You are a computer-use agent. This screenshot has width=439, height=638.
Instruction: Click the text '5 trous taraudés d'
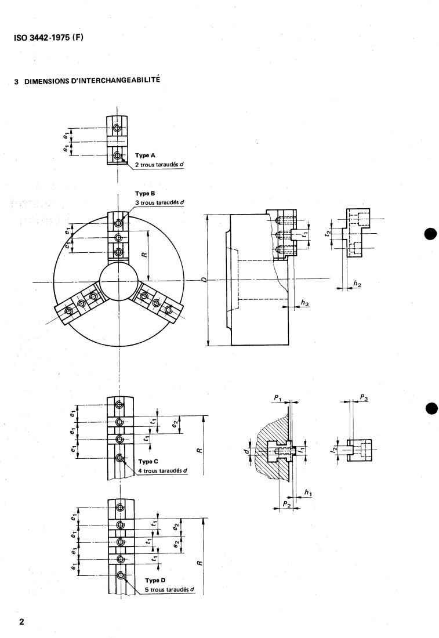coord(169,589)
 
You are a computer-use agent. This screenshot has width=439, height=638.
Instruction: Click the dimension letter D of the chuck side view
coord(203,280)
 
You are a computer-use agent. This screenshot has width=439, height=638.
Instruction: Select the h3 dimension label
coord(304,303)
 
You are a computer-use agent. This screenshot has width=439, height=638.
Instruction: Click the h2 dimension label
coord(357,284)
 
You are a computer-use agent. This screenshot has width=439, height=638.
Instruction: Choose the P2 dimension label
coord(285,505)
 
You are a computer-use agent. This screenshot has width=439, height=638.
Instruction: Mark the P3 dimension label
coord(364,397)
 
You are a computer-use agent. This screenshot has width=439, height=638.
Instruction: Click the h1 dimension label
coord(308,492)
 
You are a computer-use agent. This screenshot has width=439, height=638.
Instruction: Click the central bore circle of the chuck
coord(118,282)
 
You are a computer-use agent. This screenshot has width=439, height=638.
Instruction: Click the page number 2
coord(22,622)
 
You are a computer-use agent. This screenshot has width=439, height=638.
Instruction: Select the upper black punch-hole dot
coord(430,234)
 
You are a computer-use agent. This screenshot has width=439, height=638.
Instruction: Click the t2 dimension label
coord(328,233)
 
